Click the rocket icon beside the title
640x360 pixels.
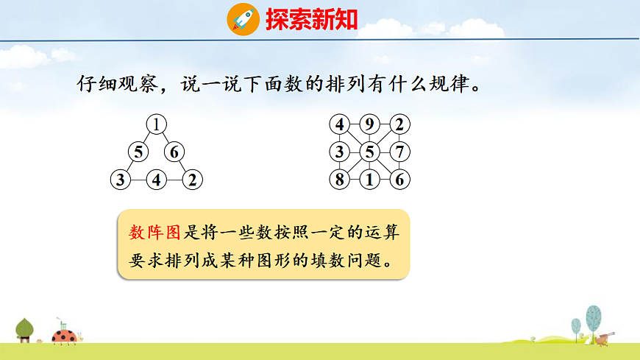pos(243,18)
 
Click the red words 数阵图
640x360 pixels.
pos(154,233)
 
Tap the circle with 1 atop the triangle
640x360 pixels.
pos(156,124)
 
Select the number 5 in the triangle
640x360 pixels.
pos(138,152)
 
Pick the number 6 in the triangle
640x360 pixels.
pos(174,152)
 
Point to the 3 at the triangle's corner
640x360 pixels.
pos(119,179)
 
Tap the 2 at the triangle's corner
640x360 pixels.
pos(192,179)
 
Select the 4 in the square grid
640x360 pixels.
pos(339,124)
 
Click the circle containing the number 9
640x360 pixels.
pos(369,124)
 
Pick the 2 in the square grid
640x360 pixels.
pos(399,124)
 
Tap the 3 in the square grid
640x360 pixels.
pos(339,152)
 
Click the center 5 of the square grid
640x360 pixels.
pos(369,152)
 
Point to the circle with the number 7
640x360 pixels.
pos(399,152)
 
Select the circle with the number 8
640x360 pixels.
pos(339,180)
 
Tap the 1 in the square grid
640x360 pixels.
pos(369,180)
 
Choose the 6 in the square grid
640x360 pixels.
pos(399,180)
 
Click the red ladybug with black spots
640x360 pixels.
pos(64,336)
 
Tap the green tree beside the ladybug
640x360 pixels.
pos(25,328)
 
